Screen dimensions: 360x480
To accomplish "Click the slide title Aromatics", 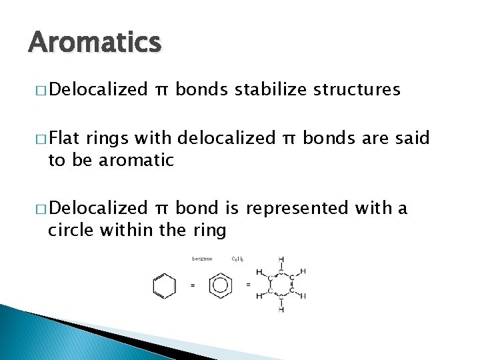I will click(x=95, y=43).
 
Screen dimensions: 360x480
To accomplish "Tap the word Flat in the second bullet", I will click(x=64, y=139).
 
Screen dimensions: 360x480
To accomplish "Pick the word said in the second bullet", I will click(x=413, y=139).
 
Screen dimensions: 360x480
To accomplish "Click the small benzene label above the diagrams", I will click(x=202, y=259).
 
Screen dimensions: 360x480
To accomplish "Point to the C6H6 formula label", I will click(x=239, y=259).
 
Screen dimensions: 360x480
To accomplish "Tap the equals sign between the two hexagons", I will click(x=193, y=285).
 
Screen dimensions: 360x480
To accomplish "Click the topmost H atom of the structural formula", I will click(x=281, y=259).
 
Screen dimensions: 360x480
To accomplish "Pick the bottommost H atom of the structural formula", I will click(x=281, y=310).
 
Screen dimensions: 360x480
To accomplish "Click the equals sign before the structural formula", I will click(x=248, y=285).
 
